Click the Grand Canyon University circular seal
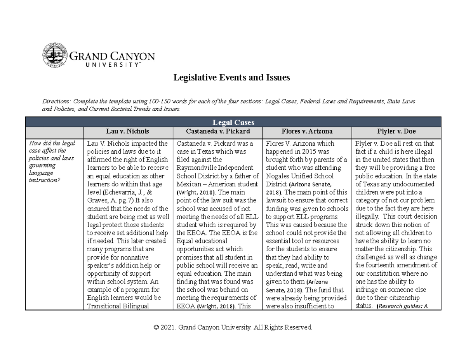tap(54, 55)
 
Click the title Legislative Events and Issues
tap(231, 78)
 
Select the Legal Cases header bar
tap(233, 122)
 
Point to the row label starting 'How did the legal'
tap(52, 143)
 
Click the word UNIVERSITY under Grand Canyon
tap(111, 65)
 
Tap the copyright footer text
tap(233, 328)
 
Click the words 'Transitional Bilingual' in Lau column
tap(118, 306)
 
